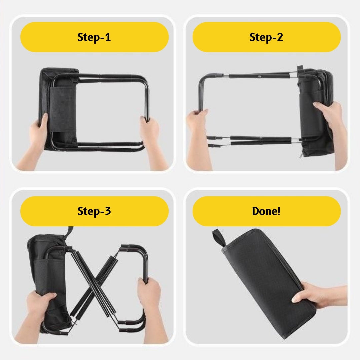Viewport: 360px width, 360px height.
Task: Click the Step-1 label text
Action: pyautogui.click(x=94, y=37)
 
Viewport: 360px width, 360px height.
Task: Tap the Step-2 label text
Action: pyautogui.click(x=266, y=37)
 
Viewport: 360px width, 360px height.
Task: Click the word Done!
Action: pyautogui.click(x=266, y=211)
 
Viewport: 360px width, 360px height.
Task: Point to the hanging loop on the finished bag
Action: pyautogui.click(x=218, y=238)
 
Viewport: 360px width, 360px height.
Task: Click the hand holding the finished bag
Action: pyautogui.click(x=319, y=296)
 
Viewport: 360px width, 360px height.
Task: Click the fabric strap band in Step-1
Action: pyautogui.click(x=62, y=109)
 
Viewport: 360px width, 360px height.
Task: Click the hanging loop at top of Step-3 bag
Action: pyautogui.click(x=69, y=232)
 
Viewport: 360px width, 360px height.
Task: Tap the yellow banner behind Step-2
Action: pyautogui.click(x=266, y=37)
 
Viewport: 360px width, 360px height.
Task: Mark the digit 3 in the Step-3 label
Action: pyautogui.click(x=108, y=211)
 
